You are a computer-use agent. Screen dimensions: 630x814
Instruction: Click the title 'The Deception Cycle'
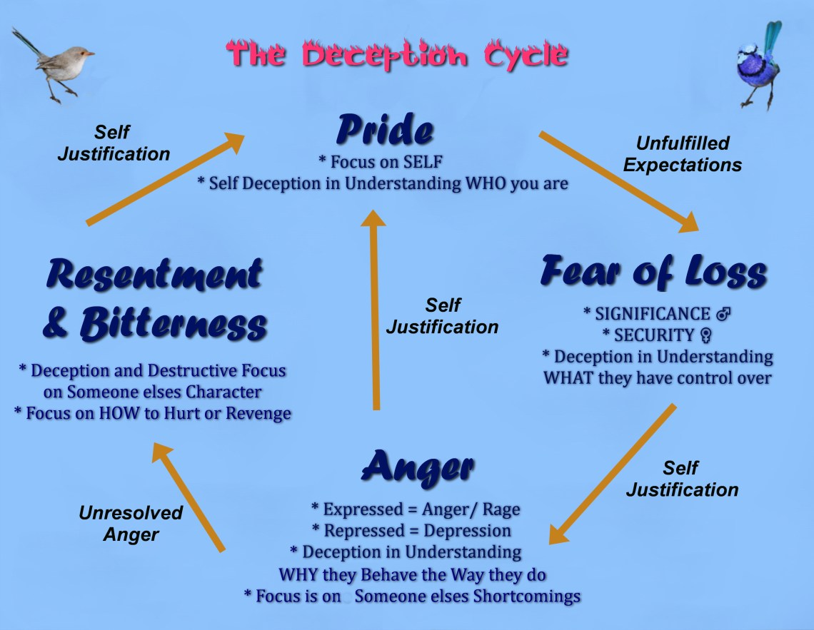[x=397, y=55]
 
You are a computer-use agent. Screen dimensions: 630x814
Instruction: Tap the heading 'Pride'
[x=385, y=130]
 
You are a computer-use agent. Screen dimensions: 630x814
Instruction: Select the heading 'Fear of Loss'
[x=653, y=271]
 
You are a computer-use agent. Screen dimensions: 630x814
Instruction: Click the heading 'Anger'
[x=418, y=467]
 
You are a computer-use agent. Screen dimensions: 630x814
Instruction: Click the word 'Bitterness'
[x=174, y=324]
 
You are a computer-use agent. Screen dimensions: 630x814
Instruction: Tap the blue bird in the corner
[x=758, y=63]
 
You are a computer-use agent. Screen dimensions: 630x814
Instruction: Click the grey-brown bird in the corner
[x=56, y=63]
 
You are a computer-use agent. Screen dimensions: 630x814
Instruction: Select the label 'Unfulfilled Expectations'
[x=682, y=154]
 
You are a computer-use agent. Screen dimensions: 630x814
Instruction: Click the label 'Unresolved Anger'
[x=131, y=524]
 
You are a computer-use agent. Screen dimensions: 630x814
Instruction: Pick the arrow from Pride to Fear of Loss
[x=618, y=181]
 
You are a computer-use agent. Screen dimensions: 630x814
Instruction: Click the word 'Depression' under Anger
[x=467, y=531]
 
